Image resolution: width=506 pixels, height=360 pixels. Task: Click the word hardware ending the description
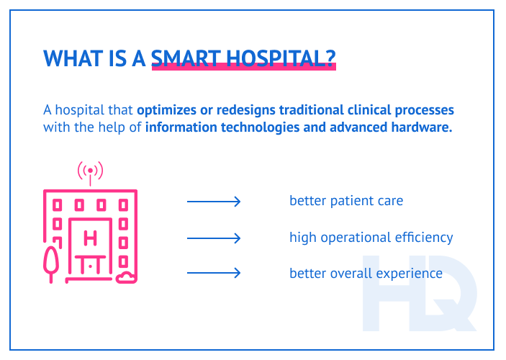click(423, 128)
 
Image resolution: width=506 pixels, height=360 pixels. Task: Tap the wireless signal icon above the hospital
click(90, 171)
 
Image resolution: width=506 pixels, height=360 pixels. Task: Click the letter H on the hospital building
click(90, 238)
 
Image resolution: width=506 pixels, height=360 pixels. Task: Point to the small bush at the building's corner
click(126, 277)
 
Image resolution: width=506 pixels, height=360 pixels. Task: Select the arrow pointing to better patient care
click(213, 202)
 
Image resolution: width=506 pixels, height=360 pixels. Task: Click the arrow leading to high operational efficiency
click(213, 238)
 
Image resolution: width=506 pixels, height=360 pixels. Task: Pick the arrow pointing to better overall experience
click(213, 273)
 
